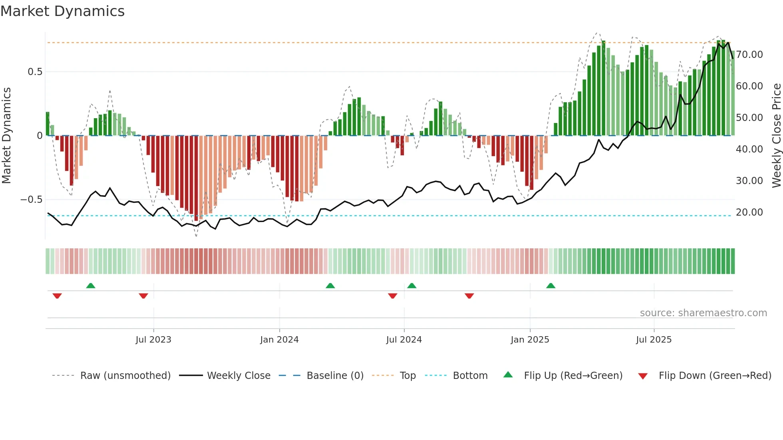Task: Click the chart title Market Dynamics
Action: pos(63,11)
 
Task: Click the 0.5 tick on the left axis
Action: pos(35,72)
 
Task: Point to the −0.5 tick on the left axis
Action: pos(32,200)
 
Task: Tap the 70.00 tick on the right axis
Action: pos(749,55)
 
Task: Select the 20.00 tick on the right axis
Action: pos(749,212)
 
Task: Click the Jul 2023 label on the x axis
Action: pos(153,340)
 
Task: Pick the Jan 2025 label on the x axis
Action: pos(530,340)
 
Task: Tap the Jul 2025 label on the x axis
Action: pos(654,340)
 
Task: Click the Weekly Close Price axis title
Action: pos(776,135)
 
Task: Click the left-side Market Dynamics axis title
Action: pos(7,135)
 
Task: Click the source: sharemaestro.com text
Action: pos(703,313)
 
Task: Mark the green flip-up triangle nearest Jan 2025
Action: pos(550,285)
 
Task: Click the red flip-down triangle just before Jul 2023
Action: pos(143,296)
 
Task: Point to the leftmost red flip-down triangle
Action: pos(57,296)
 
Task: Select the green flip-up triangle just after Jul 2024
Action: pos(412,285)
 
